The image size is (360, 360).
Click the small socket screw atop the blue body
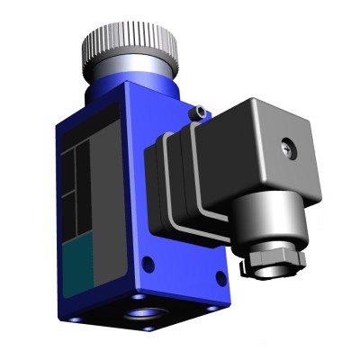coord(195,113)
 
